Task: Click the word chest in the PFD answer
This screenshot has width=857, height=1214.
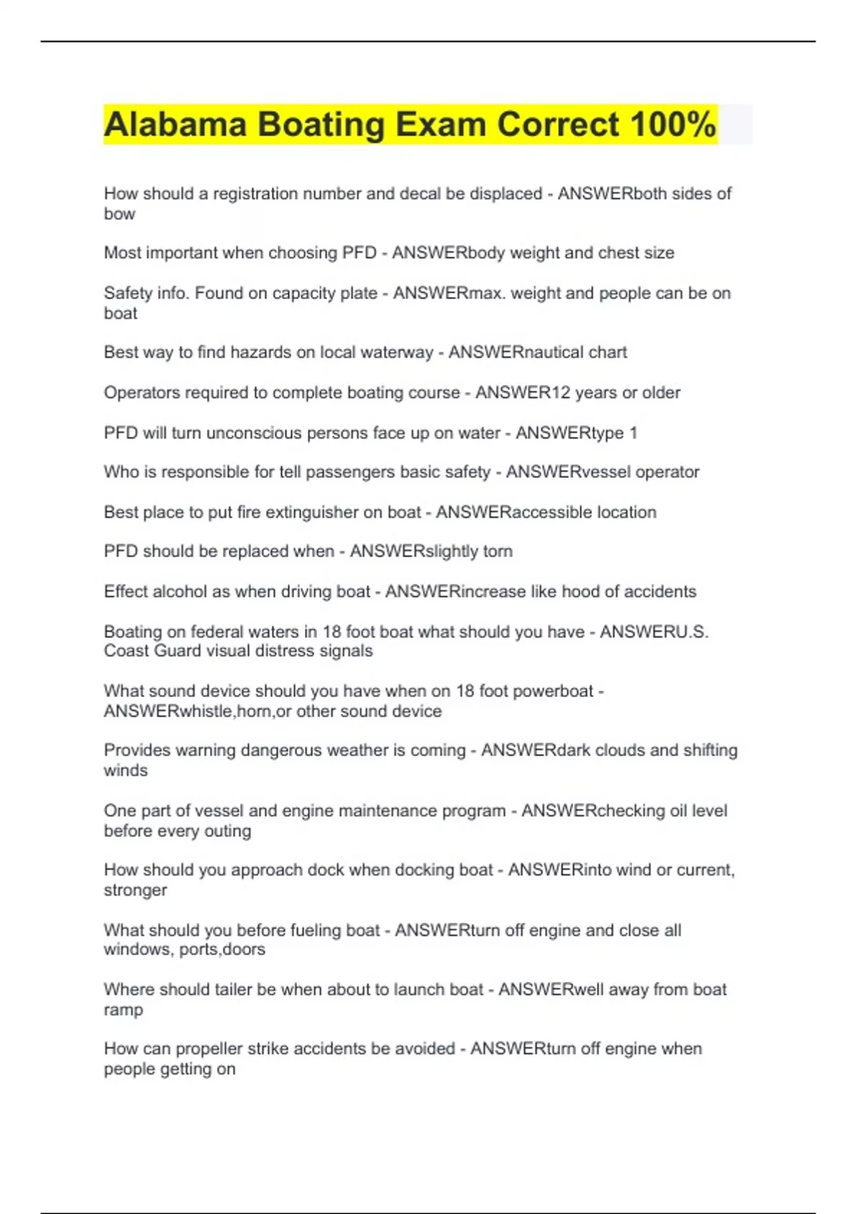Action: [619, 253]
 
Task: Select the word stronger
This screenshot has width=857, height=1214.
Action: [135, 891]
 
